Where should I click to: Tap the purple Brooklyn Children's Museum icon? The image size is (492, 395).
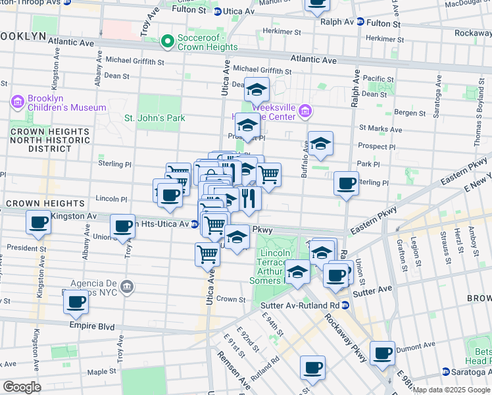pyautogui.click(x=18, y=103)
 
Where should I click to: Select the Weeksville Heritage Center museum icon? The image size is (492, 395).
pyautogui.click(x=305, y=111)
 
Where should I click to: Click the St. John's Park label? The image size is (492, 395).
pyautogui.click(x=155, y=118)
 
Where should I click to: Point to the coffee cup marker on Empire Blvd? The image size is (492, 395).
pyautogui.click(x=76, y=302)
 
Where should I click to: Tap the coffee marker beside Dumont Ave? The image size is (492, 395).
pyautogui.click(x=382, y=353)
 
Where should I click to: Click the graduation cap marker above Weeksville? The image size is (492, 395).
pyautogui.click(x=257, y=89)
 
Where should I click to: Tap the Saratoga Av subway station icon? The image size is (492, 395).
pyautogui.click(x=445, y=372)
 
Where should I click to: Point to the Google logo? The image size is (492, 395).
pyautogui.click(x=22, y=387)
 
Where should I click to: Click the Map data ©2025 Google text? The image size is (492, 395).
pyautogui.click(x=451, y=390)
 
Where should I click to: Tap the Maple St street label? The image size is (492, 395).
pyautogui.click(x=101, y=372)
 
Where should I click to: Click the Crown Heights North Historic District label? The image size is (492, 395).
pyautogui.click(x=49, y=140)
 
